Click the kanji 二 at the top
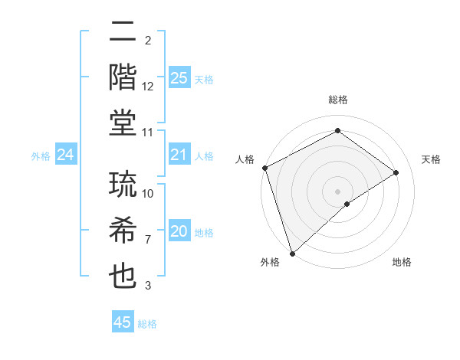pyautogui.click(x=123, y=33)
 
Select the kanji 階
pyautogui.click(x=123, y=78)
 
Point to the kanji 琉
pyautogui.click(x=123, y=186)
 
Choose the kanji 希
pyautogui.click(x=123, y=232)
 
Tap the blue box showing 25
pyautogui.click(x=179, y=78)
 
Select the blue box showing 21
pyautogui.click(x=179, y=155)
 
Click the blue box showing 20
pyautogui.click(x=179, y=231)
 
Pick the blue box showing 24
pyautogui.click(x=66, y=155)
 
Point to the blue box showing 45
pyautogui.click(x=123, y=322)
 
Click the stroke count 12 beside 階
pyautogui.click(x=148, y=87)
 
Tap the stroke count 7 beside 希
pyautogui.click(x=148, y=240)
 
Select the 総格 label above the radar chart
pyautogui.click(x=337, y=100)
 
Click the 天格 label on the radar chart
pyautogui.click(x=431, y=159)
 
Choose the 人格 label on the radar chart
pyautogui.click(x=245, y=159)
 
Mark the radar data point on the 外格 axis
pyautogui.click(x=292, y=252)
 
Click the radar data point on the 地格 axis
pyautogui.click(x=347, y=204)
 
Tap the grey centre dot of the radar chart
pyautogui.click(x=337, y=191)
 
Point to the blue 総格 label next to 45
pyautogui.click(x=147, y=324)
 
